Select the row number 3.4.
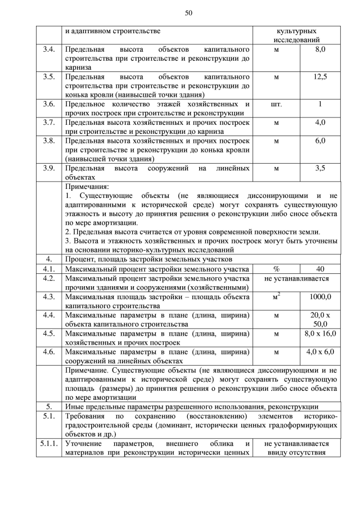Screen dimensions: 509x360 (49, 50)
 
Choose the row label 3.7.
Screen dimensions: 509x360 (49, 122)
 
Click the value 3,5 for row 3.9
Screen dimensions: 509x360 (320, 168)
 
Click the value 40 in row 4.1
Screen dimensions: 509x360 (320, 268)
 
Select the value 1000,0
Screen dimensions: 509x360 (320, 296)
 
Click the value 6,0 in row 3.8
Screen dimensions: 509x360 (320, 141)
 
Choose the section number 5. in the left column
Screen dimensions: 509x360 (49, 407)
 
